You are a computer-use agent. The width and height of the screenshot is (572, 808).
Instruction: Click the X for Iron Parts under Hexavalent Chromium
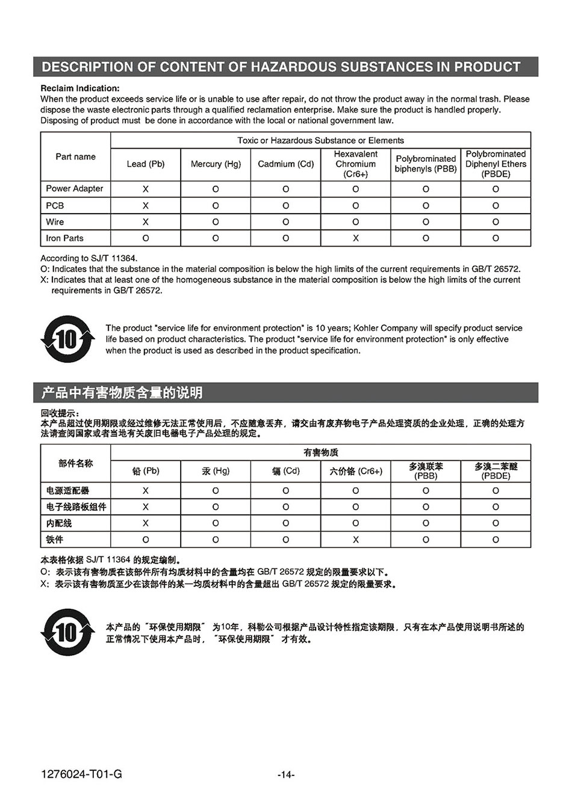coord(355,238)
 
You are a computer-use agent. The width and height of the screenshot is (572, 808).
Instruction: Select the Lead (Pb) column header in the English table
coord(146,164)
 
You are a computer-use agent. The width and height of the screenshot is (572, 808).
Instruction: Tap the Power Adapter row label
coord(75,188)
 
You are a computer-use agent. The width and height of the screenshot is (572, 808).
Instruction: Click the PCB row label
coord(55,205)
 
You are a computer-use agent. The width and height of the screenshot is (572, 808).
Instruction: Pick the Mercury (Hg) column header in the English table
coord(216,164)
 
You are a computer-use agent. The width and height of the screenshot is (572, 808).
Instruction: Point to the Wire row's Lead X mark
coord(146,222)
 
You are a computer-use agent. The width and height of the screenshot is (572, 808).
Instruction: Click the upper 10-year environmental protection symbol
coord(67,339)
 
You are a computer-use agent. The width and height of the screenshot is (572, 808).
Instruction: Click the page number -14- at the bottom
coord(286,775)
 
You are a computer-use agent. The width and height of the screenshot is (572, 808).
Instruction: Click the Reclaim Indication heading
coord(80,88)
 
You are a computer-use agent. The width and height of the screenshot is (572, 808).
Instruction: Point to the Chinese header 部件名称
coord(76,463)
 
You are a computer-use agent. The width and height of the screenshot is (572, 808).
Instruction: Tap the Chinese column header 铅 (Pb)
coord(146,471)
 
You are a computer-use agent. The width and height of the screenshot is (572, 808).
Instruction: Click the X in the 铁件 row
coord(355,540)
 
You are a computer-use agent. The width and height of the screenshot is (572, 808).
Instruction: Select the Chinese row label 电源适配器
coord(67,490)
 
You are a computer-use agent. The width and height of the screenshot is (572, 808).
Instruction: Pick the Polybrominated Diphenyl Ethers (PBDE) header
coord(496,164)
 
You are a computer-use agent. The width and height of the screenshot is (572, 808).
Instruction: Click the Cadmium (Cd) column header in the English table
coord(286,164)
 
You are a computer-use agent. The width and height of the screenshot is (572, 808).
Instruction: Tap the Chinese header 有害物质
coord(321,452)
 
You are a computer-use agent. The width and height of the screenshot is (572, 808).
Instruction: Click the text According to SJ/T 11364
coord(89,258)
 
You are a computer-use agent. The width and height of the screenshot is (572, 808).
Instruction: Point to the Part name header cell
coord(76,156)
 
